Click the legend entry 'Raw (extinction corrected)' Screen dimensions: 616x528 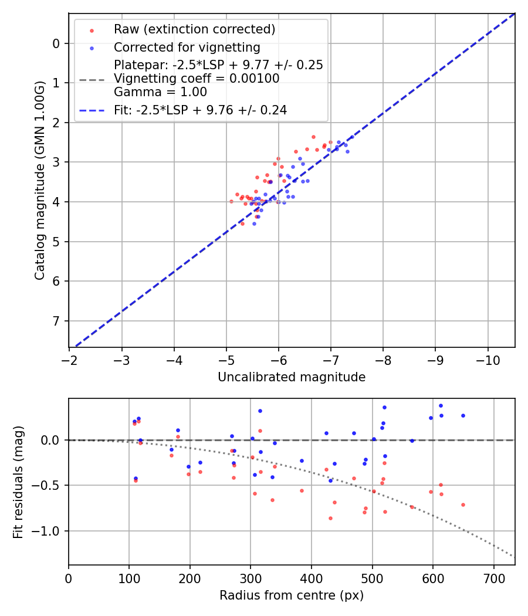click(x=194, y=29)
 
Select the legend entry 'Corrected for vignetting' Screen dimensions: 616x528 click(x=187, y=47)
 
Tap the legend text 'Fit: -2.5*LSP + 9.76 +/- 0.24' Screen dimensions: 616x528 click(x=200, y=110)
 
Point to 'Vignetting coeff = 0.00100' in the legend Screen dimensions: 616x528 click(x=197, y=79)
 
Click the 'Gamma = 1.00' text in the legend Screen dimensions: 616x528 click(x=160, y=92)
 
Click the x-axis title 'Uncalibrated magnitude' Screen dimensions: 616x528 click(x=292, y=377)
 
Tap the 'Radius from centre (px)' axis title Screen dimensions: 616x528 click(x=292, y=595)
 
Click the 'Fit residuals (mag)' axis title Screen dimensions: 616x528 click(x=18, y=481)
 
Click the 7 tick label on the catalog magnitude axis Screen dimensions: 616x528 click(x=56, y=321)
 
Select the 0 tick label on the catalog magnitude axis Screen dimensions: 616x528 click(x=56, y=43)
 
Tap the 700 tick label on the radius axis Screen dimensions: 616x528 click(x=493, y=578)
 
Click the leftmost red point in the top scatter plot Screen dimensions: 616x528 click(x=231, y=201)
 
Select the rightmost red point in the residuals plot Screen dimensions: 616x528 click(x=463, y=505)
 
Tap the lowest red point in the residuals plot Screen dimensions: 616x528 click(x=330, y=518)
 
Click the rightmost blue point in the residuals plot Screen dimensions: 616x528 click(x=463, y=415)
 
